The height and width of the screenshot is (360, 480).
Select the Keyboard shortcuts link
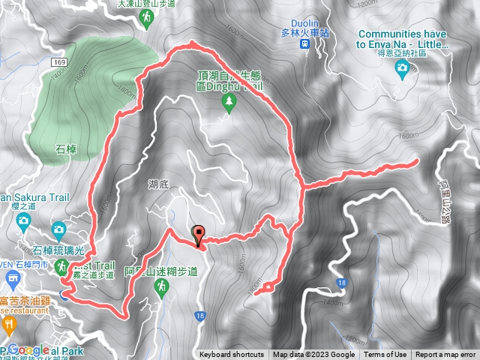pyautogui.click(x=231, y=355)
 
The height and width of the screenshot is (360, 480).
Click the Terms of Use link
pyautogui.click(x=385, y=355)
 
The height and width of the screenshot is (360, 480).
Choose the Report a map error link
pyautogui.click(x=445, y=355)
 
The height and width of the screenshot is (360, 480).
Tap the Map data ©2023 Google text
pyautogui.click(x=313, y=355)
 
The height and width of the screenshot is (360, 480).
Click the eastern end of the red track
pyautogui.click(x=416, y=161)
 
